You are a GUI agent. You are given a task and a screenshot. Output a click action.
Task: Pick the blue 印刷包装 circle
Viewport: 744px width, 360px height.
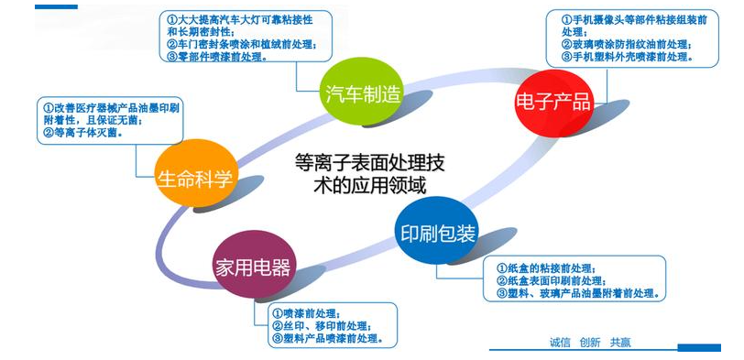pos(437,234)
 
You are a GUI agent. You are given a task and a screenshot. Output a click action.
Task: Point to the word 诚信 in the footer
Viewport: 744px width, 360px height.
pos(560,343)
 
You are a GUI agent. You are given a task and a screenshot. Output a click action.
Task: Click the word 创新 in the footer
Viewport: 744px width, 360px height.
pos(590,343)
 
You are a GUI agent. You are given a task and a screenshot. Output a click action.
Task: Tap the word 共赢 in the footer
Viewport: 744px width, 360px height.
pos(620,343)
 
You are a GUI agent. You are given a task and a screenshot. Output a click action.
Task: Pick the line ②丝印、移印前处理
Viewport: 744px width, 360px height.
pos(320,326)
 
